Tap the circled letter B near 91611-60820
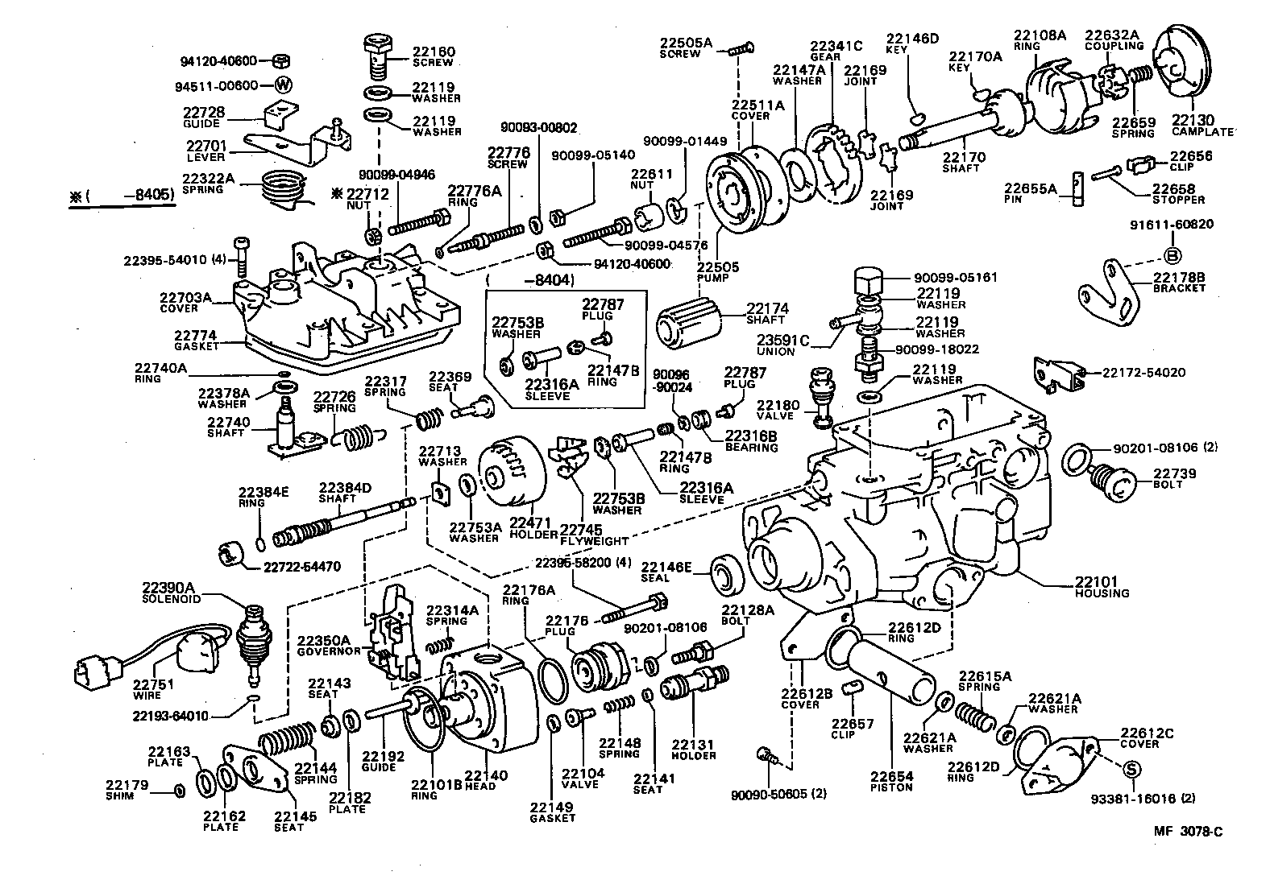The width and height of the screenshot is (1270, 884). (1172, 256)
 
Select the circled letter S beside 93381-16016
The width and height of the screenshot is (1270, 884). (1130, 770)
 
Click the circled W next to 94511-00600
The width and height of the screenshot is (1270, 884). (283, 85)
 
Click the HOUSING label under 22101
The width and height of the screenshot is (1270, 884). (1102, 593)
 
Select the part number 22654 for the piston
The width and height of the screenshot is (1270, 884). (891, 776)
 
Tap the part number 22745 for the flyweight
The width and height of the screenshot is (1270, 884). (581, 530)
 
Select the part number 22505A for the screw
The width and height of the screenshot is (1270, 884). (686, 43)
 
